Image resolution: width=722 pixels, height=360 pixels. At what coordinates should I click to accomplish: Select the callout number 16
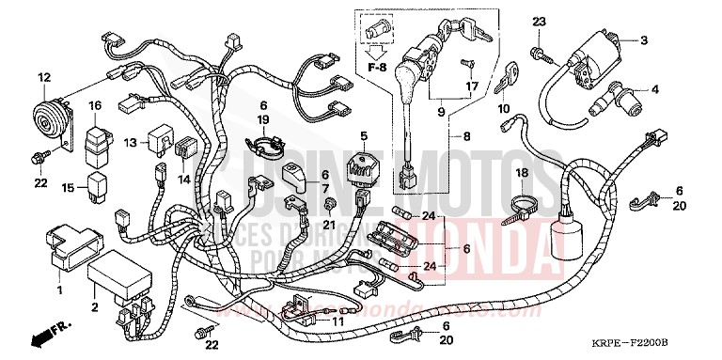95,105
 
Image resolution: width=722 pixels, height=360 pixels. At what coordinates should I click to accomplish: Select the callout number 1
59,290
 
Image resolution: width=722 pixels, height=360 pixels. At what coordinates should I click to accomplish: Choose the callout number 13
131,142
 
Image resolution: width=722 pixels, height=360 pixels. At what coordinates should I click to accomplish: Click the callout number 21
328,224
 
